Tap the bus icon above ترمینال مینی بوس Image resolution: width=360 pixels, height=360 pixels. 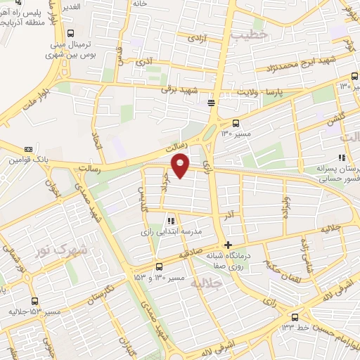(x=70, y=33)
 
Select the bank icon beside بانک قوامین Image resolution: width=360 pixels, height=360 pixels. (x=28, y=149)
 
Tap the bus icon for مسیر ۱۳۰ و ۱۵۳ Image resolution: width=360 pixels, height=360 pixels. (x=160, y=266)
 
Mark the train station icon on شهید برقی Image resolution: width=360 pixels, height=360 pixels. (x=212, y=103)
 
